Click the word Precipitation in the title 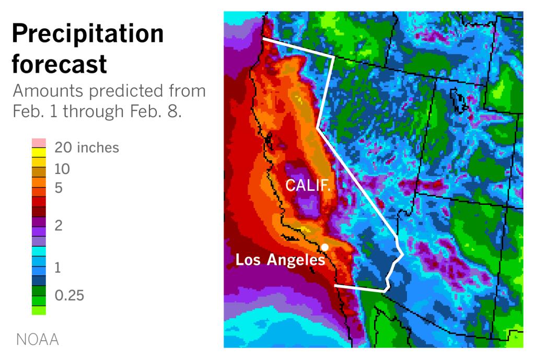(87, 34)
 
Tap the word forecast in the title (59, 64)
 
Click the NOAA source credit (37, 340)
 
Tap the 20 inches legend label (87, 148)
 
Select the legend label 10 (62, 169)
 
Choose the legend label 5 (59, 188)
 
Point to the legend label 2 (59, 226)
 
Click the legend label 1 (58, 268)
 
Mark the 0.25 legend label (69, 295)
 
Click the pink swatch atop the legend (39, 143)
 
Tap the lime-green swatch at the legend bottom (39, 310)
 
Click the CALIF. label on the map (308, 185)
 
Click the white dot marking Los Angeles (324, 247)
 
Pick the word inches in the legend (98, 148)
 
